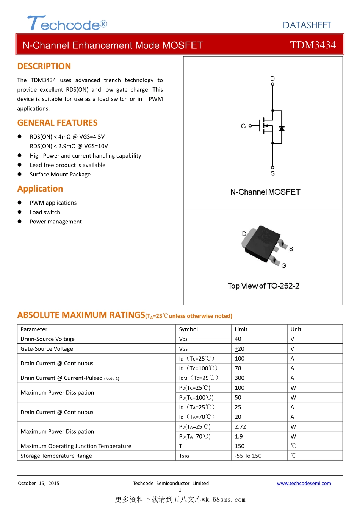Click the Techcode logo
click(x=67, y=23)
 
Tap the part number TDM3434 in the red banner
click(x=313, y=45)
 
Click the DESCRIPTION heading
click(x=44, y=66)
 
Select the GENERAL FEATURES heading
click(x=57, y=123)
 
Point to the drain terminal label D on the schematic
click(x=272, y=78)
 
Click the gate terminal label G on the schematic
click(x=243, y=126)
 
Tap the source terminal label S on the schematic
click(x=272, y=173)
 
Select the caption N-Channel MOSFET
click(x=265, y=192)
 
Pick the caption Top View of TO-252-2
click(x=263, y=286)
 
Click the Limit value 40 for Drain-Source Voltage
click(x=238, y=339)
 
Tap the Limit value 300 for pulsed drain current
click(x=239, y=378)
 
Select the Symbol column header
click(x=188, y=329)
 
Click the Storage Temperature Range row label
click(x=56, y=456)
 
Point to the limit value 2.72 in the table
click(x=240, y=427)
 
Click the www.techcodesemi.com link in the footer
click(x=304, y=483)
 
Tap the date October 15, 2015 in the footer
click(x=39, y=483)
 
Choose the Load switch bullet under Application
click(x=45, y=212)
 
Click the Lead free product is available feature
click(x=67, y=165)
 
